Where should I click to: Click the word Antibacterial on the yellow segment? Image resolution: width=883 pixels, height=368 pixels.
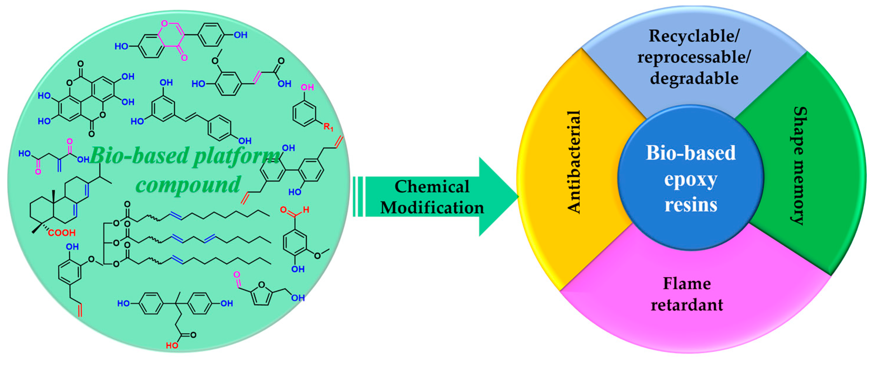click(x=574, y=162)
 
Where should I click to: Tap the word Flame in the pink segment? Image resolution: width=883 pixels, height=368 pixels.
click(x=687, y=284)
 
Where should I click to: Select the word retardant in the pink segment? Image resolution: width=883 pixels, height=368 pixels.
click(x=687, y=305)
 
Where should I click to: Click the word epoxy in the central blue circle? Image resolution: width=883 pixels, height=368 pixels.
click(x=690, y=179)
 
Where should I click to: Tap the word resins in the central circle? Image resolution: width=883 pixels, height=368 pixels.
click(x=691, y=205)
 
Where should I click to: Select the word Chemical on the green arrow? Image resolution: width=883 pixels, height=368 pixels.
click(x=432, y=186)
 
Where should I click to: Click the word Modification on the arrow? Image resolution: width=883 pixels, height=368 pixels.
click(x=432, y=208)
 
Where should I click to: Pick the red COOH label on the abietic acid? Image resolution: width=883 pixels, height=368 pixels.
click(x=62, y=233)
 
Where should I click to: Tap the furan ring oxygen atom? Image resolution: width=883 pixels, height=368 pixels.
click(x=261, y=284)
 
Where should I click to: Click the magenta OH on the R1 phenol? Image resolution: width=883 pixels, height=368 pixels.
click(x=307, y=87)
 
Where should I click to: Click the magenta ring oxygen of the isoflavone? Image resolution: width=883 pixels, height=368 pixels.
click(x=164, y=23)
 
